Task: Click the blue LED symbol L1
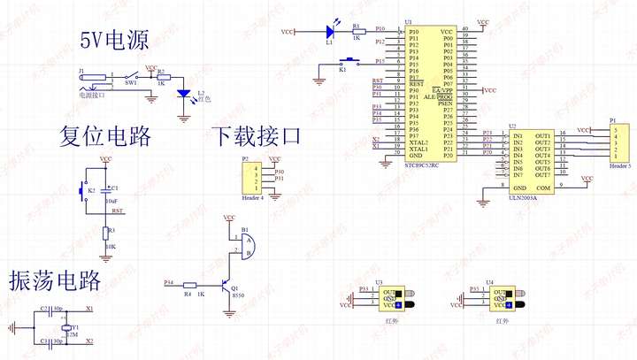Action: (x=328, y=32)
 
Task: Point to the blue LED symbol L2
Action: (x=183, y=93)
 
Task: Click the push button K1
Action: (x=349, y=62)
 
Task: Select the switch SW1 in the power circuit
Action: (x=130, y=76)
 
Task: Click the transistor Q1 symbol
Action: (x=235, y=264)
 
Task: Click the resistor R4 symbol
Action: (x=188, y=284)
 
